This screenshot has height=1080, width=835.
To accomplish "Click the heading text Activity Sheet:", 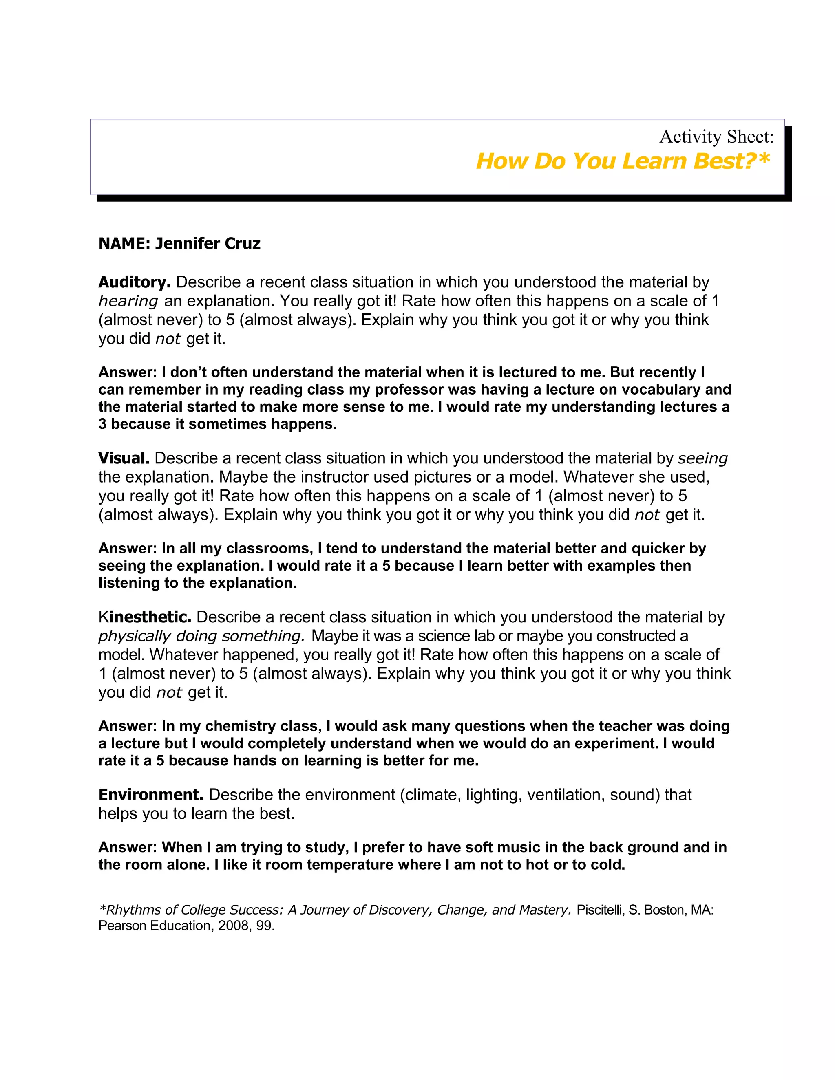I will pyautogui.click(x=716, y=137).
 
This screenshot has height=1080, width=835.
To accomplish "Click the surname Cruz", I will pyautogui.click(x=243, y=243).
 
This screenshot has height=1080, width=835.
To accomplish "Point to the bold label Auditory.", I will pyautogui.click(x=135, y=282).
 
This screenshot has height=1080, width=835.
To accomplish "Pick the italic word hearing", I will pyautogui.click(x=128, y=301).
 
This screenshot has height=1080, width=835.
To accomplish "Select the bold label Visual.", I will pyautogui.click(x=124, y=458).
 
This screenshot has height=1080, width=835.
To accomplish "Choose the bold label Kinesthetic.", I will pyautogui.click(x=144, y=617).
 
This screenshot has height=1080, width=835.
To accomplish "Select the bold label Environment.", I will pyautogui.click(x=151, y=795).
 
